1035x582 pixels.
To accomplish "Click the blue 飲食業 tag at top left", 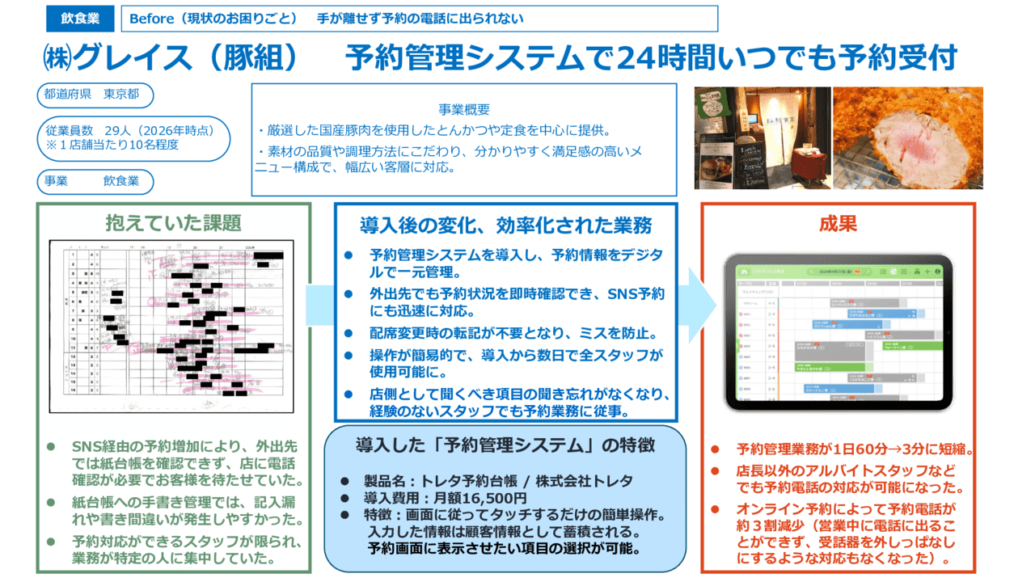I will click(x=80, y=19).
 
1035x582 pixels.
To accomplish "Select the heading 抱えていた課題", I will click(x=173, y=222).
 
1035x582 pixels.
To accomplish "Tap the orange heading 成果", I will click(x=838, y=224).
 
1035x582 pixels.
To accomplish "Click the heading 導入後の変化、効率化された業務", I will click(x=505, y=224).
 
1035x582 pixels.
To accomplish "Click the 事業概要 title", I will click(x=463, y=110).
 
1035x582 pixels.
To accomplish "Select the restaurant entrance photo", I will click(x=763, y=137).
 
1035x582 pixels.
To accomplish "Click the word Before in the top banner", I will click(x=151, y=19).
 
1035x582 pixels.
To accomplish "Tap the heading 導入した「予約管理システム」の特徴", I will click(x=505, y=445).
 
